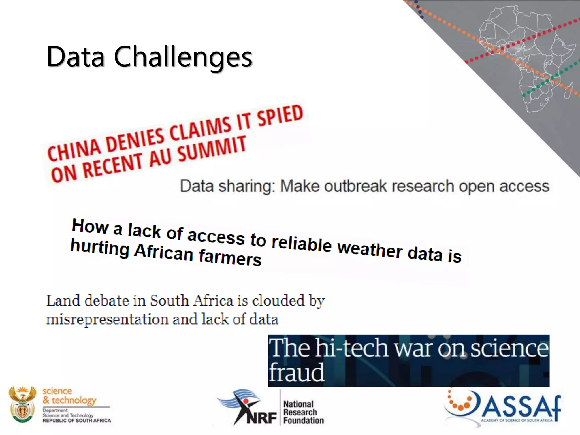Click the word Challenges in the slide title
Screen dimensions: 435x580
(x=183, y=57)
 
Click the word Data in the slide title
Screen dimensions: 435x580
(x=76, y=57)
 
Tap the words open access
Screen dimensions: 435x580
(x=504, y=186)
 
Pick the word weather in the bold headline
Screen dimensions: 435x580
(x=370, y=249)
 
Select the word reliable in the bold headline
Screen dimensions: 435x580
(x=301, y=243)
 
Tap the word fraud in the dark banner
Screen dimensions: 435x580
(x=296, y=372)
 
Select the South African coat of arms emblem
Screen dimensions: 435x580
(x=22, y=404)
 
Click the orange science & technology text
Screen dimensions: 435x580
(x=69, y=396)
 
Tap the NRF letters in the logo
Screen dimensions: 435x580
(x=261, y=418)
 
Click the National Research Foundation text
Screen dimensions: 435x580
(x=303, y=412)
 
